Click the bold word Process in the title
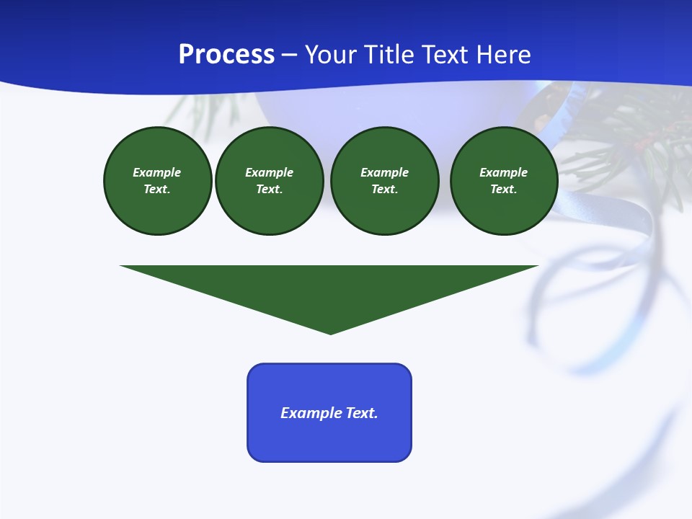[226, 55]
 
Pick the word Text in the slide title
[446, 55]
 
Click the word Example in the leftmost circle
[157, 172]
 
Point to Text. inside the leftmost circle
[157, 190]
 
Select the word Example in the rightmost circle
[503, 172]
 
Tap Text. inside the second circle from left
[270, 190]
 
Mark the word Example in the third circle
[384, 172]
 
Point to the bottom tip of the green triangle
[330, 332]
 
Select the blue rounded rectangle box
[329, 440]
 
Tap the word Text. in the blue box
[362, 413]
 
